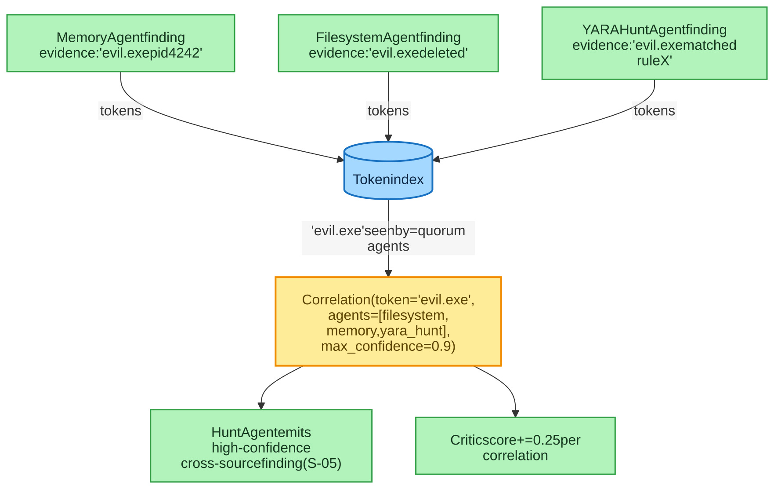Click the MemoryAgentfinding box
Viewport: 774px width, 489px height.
121,43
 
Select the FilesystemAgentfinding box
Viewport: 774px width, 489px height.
388,43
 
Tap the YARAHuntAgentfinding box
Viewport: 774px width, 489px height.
655,43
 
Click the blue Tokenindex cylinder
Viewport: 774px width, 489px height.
388,171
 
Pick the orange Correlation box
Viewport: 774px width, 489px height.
388,321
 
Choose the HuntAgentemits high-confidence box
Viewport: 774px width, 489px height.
261,446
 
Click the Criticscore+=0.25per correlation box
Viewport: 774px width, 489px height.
515,446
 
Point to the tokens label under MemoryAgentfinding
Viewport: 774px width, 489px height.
121,111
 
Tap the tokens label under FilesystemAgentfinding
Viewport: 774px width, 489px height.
388,111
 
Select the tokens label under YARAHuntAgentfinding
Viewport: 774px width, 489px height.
655,111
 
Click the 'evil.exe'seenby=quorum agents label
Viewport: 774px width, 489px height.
388,238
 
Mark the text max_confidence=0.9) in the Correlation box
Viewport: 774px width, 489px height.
388,347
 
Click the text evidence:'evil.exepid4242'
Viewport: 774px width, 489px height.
121,53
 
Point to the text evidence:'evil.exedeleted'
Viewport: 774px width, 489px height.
388,53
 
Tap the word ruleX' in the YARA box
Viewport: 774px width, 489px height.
655,61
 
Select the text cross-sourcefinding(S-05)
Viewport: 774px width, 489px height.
261,463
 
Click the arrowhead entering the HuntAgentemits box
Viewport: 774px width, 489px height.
261,406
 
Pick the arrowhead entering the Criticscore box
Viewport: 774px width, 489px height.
515,414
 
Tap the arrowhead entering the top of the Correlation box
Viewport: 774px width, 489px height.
388,274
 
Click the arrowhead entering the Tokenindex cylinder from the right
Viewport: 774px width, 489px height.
437,159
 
